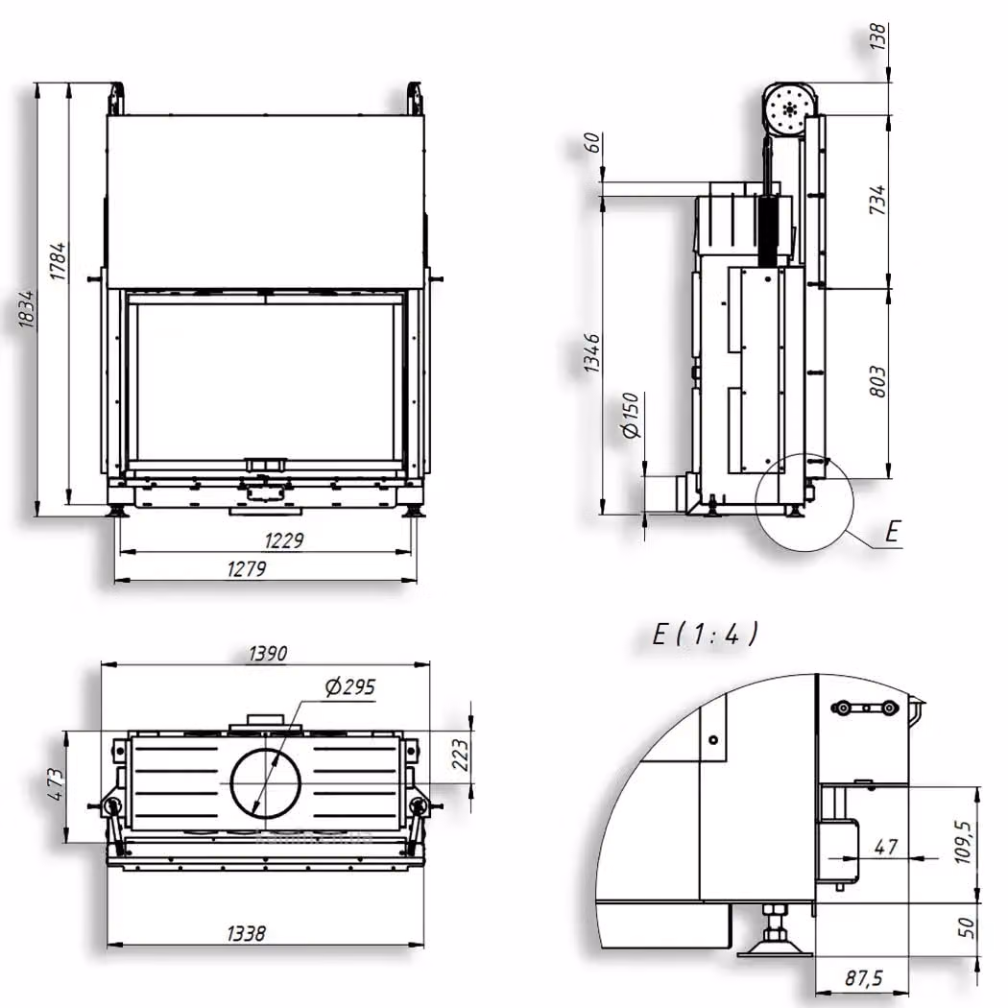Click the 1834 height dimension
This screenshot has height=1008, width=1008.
(26, 309)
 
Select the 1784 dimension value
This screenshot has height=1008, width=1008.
(58, 261)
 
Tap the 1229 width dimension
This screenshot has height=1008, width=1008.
(283, 540)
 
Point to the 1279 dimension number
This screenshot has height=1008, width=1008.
(246, 569)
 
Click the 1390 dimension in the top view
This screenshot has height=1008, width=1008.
(268, 654)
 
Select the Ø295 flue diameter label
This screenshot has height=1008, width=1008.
(350, 687)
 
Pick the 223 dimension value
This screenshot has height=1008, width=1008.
(460, 755)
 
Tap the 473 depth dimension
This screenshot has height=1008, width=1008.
(56, 784)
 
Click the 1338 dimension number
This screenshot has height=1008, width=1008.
(246, 933)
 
